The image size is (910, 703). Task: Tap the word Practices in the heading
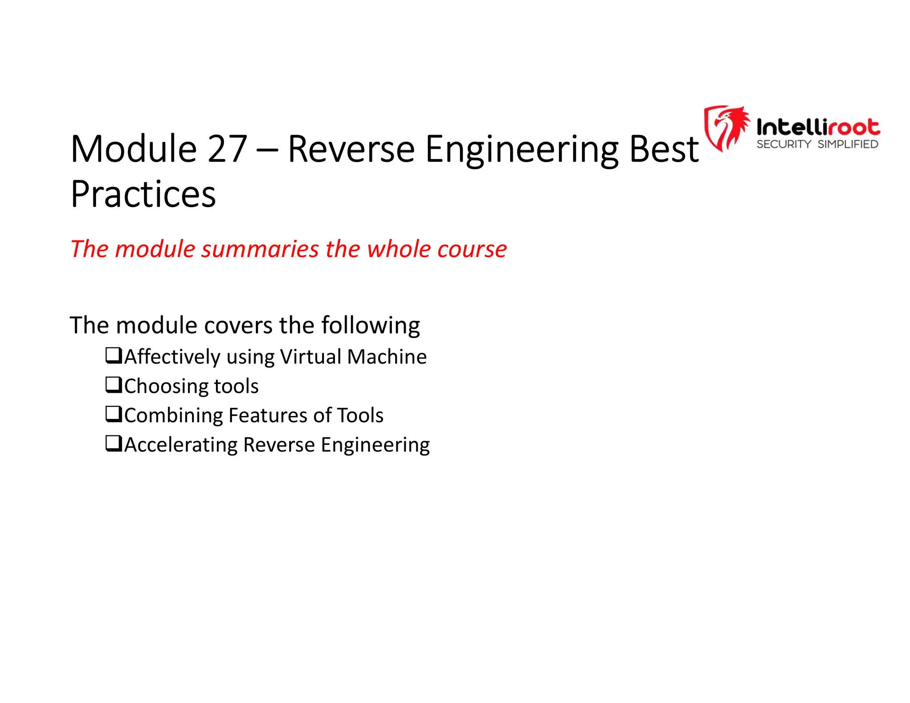click(143, 195)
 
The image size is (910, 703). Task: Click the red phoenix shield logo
click(726, 128)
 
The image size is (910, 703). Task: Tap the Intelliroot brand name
click(818, 128)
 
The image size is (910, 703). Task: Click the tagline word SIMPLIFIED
click(848, 144)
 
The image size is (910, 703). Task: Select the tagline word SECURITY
click(784, 144)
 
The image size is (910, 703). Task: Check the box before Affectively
click(113, 355)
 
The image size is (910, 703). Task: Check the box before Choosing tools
click(113, 385)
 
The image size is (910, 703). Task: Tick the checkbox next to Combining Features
click(113, 414)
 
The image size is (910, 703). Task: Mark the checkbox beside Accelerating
click(113, 443)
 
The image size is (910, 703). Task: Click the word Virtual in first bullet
click(311, 357)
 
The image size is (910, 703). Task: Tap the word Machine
click(387, 357)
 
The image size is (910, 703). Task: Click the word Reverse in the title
click(351, 149)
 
